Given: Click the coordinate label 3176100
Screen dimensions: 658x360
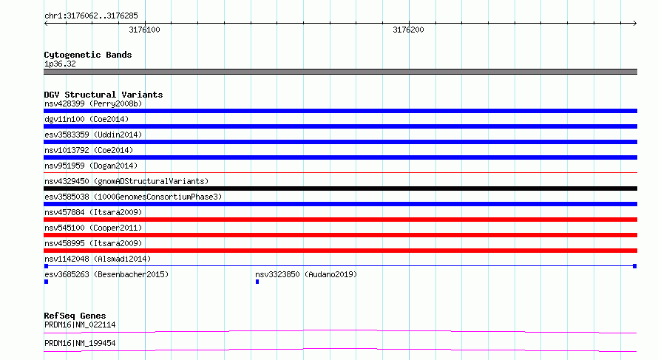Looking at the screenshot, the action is point(144,30).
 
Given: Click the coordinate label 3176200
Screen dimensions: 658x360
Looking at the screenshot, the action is point(408,30).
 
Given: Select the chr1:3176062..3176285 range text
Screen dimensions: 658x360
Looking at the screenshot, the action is point(91,16).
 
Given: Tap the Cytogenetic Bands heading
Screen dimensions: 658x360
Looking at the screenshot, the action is point(88,55).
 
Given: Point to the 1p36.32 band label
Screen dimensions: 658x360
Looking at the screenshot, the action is point(60,64).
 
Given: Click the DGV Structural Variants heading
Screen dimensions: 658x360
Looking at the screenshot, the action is point(104,95).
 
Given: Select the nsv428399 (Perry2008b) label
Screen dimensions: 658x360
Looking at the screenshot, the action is point(93,103).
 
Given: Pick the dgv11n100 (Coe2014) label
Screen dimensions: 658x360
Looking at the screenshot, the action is point(87,119).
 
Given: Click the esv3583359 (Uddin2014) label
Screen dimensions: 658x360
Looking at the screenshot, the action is point(93,135).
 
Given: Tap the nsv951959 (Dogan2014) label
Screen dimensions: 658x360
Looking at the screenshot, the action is point(91,166).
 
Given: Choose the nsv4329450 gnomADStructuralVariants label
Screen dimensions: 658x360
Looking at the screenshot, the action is point(126,181).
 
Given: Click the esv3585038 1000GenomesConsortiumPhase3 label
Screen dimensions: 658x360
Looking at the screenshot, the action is point(133,197).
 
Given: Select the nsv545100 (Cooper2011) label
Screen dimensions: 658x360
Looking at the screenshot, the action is point(93,228).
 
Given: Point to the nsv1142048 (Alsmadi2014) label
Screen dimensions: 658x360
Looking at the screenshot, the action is point(98,259).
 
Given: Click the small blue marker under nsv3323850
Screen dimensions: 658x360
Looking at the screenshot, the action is point(257,282).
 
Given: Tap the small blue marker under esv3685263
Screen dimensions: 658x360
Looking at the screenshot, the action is point(46,282).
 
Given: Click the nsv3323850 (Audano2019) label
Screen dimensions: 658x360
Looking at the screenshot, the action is point(306,274).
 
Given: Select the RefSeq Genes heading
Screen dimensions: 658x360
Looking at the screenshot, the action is point(75,316).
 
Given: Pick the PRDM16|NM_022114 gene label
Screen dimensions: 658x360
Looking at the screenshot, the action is point(80,325).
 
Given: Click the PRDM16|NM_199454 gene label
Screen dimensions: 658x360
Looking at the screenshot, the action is point(80,343).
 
